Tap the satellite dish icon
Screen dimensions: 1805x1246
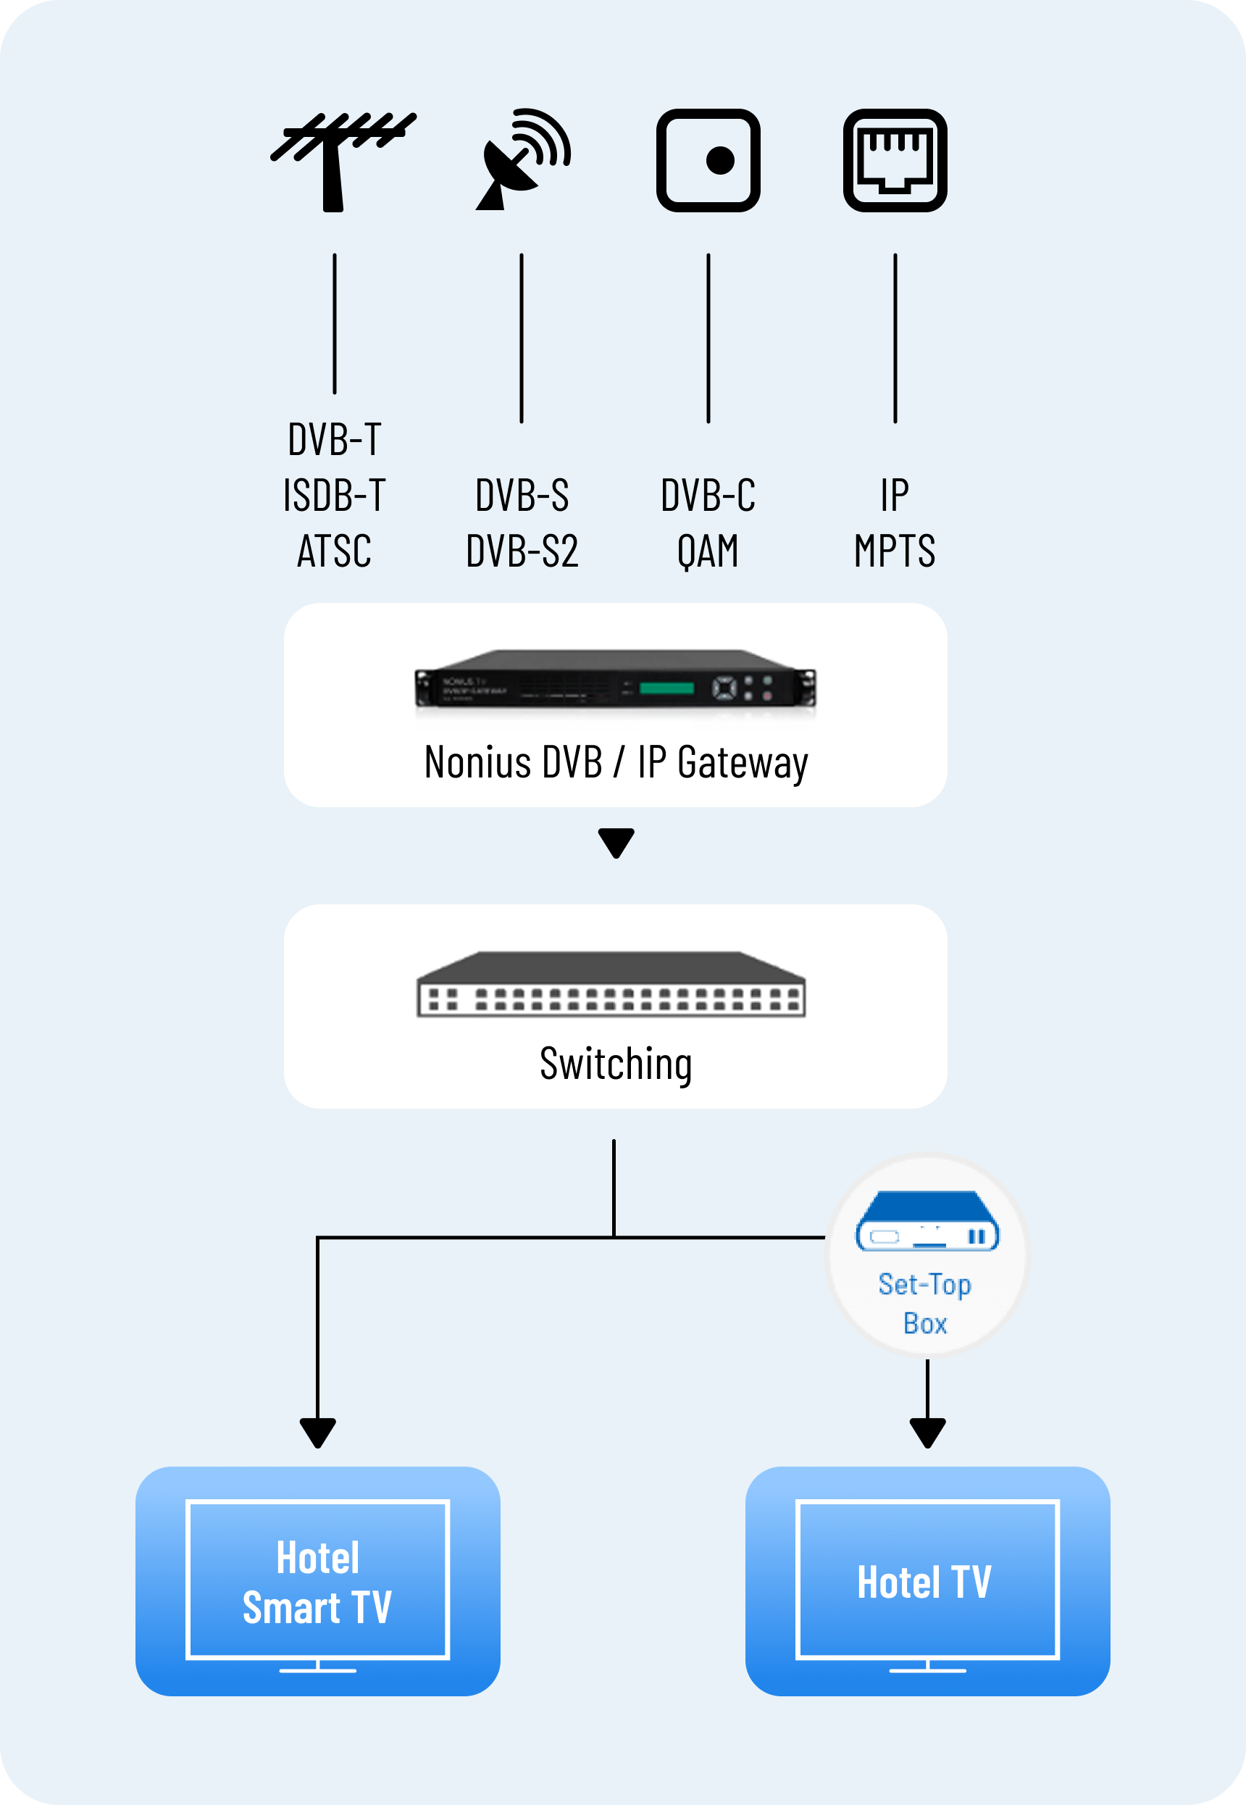tap(522, 159)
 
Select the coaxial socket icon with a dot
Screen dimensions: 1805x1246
tap(708, 160)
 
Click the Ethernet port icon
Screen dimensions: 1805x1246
tap(895, 160)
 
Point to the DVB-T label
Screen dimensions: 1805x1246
tap(334, 439)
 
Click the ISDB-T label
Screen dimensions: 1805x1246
tap(334, 495)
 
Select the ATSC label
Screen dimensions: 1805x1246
tap(334, 551)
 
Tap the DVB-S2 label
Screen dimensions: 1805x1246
tap(522, 551)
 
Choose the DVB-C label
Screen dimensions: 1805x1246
tap(708, 495)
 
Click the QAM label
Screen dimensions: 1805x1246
tap(708, 551)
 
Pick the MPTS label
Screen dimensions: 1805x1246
tap(895, 551)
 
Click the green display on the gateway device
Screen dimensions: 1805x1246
tap(666, 688)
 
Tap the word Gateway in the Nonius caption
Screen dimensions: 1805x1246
tap(743, 763)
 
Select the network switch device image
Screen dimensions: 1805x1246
tap(611, 985)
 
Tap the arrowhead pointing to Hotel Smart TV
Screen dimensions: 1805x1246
tap(318, 1433)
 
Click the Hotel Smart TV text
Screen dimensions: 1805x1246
tap(318, 1583)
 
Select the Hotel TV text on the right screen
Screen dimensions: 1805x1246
tap(924, 1583)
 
